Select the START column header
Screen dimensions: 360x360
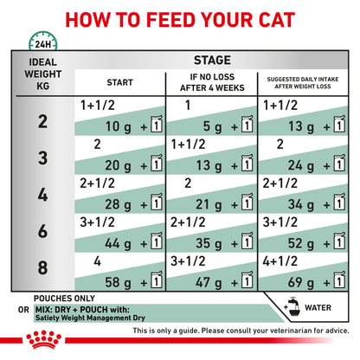coord(119,82)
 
